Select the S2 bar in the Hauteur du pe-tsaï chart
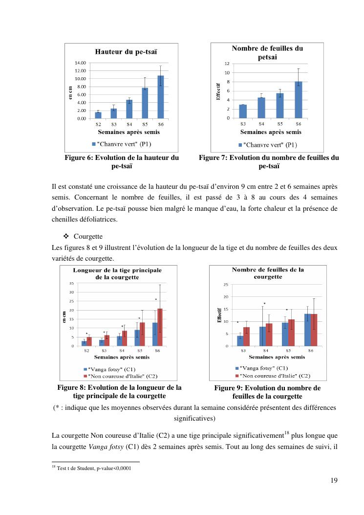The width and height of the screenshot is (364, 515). [x=98, y=115]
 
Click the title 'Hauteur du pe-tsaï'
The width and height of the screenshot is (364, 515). [x=122, y=51]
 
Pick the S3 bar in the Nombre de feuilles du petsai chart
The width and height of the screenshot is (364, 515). [x=243, y=112]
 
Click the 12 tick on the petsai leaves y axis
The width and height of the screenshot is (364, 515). [x=227, y=64]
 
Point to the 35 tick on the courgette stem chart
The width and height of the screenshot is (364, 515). [x=71, y=284]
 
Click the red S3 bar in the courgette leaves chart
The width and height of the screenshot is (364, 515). [x=246, y=336]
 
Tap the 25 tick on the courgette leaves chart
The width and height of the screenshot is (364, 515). [x=226, y=285]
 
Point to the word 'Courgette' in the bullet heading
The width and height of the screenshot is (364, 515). [x=88, y=237]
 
